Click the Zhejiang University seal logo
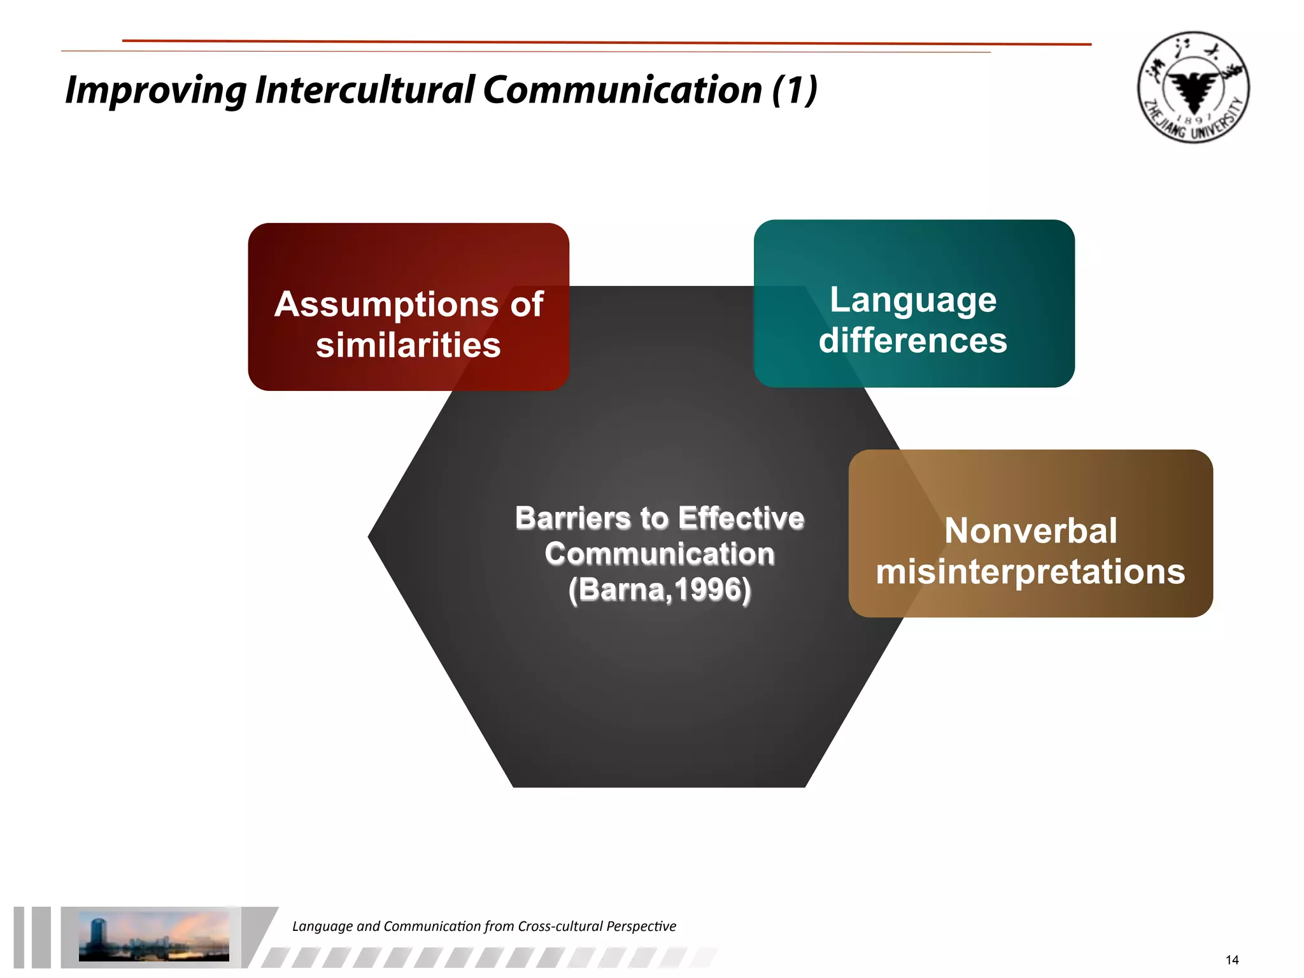tap(1193, 87)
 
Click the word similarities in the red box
tap(408, 345)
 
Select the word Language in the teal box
tap(912, 300)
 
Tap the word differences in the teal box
tap(912, 340)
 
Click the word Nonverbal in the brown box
tap(1030, 530)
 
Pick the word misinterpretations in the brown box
tap(1030, 571)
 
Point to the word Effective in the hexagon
tap(741, 518)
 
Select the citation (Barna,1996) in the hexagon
tap(660, 590)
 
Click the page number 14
tap(1231, 960)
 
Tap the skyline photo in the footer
tap(153, 936)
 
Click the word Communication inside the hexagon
tap(660, 553)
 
